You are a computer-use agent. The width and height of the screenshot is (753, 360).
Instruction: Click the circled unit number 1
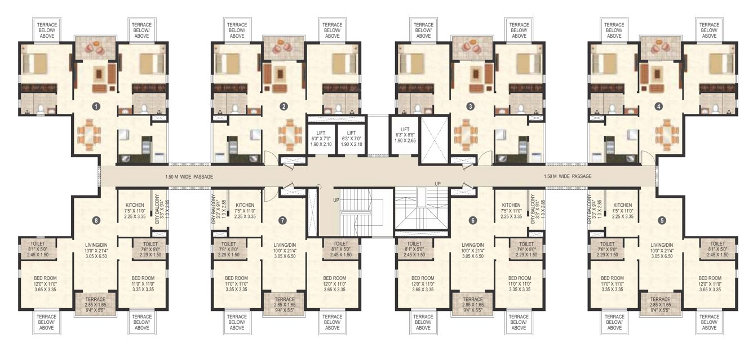(96, 106)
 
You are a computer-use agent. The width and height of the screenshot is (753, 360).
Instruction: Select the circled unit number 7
(283, 220)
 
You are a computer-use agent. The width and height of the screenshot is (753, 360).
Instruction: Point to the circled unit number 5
(662, 220)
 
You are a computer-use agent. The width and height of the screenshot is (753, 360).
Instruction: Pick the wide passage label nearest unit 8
(189, 176)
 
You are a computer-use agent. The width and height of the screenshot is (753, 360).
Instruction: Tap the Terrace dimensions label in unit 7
(285, 305)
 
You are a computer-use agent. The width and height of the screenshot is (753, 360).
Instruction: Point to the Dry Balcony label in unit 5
(592, 210)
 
